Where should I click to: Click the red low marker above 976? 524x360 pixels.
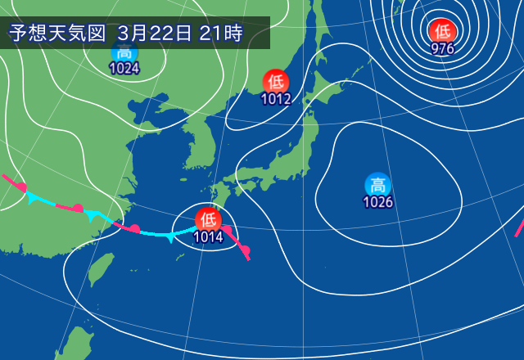tap(443, 31)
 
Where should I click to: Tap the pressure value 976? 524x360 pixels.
tap(443, 48)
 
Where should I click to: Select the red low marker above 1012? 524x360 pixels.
tap(275, 82)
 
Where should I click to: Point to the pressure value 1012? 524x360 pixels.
tap(275, 99)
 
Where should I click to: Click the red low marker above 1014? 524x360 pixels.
tap(207, 219)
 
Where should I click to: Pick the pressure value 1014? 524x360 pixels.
tap(207, 236)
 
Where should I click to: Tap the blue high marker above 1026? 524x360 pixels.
tap(377, 185)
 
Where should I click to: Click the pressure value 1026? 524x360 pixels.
tap(377, 202)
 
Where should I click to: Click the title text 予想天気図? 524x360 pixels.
tap(57, 34)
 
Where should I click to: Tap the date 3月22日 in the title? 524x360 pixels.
tap(155, 34)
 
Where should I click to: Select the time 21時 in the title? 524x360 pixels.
tap(220, 34)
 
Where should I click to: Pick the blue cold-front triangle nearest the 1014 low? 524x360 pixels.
tap(169, 237)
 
